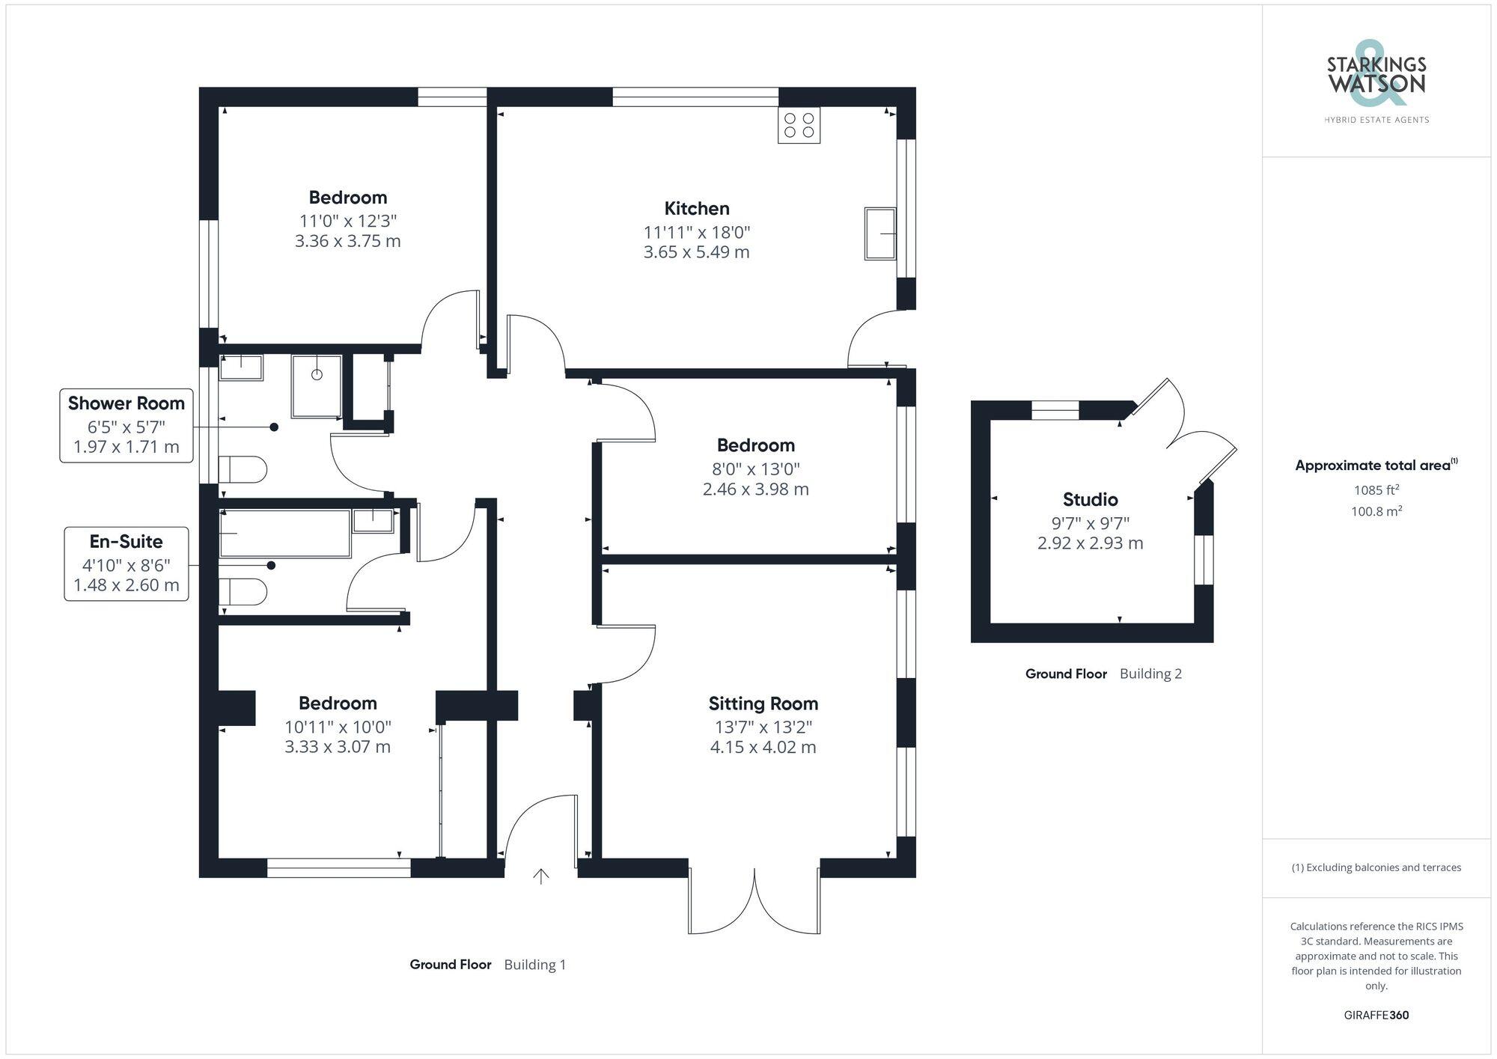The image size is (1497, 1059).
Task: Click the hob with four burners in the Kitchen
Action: coord(799,125)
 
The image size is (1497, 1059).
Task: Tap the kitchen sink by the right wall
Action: coord(880,234)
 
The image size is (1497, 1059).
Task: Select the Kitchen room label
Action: coord(696,208)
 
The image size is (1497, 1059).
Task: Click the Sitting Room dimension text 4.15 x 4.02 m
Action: coord(763,747)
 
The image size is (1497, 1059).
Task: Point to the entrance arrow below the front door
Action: coord(540,876)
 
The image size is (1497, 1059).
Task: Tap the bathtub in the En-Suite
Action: coord(284,534)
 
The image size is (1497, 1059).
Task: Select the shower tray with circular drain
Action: coord(317,386)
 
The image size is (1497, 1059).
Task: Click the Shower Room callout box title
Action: coord(126,403)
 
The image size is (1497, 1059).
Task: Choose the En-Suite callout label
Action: coord(126,541)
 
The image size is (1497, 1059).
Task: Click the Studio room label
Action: coord(1090,499)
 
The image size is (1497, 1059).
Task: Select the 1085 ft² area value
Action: coord(1376,490)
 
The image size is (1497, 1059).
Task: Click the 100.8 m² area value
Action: coord(1376,511)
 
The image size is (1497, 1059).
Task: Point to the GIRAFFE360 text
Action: coord(1376,1015)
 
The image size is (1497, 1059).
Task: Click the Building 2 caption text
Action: coord(1150,674)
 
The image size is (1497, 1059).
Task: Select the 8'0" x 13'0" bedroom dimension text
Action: coord(755,469)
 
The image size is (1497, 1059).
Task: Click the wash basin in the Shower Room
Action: coord(241,367)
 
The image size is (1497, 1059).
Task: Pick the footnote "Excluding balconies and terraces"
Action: coord(1376,867)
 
